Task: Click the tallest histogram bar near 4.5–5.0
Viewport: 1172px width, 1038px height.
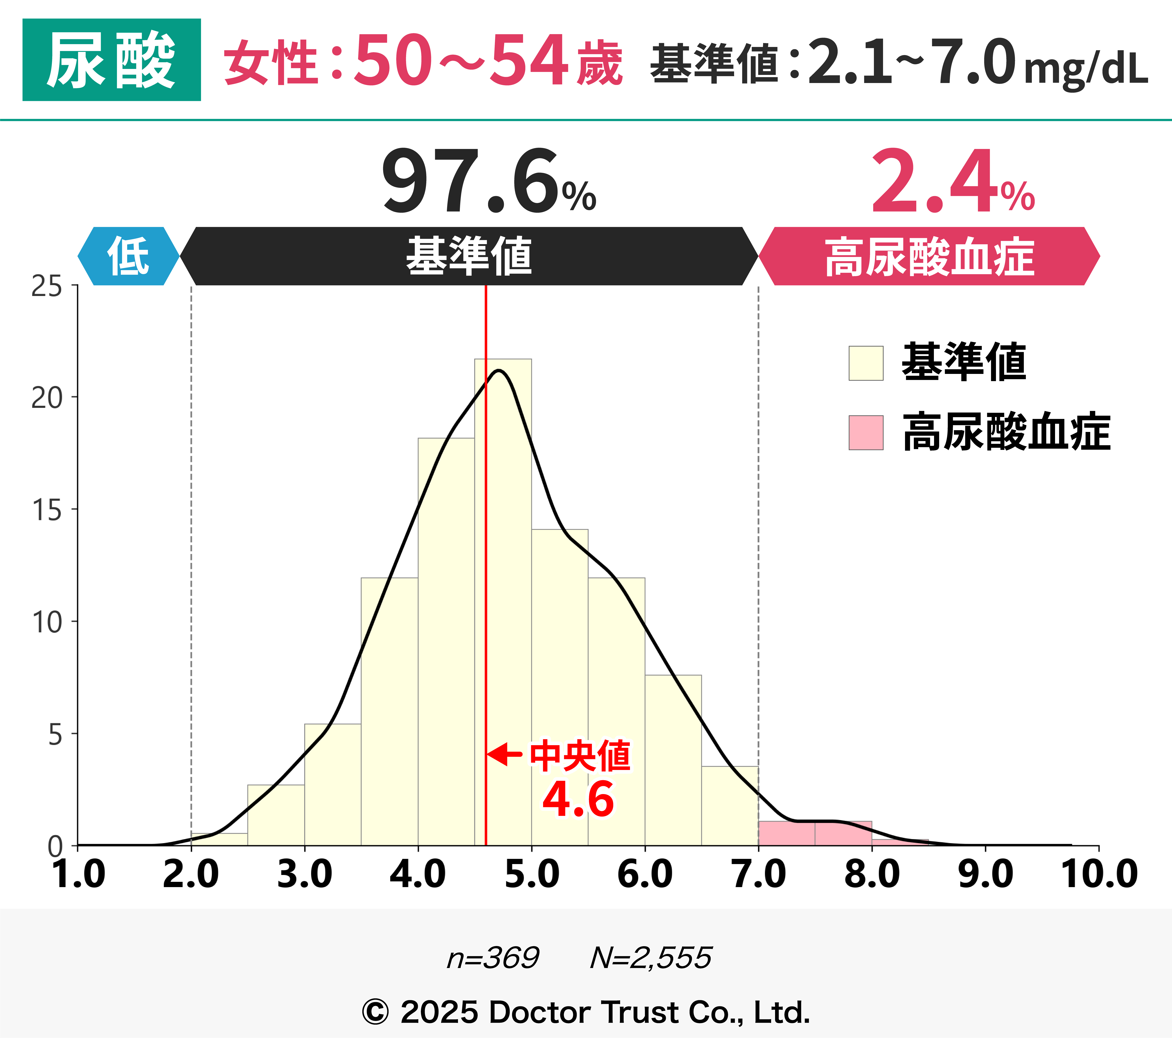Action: click(x=503, y=602)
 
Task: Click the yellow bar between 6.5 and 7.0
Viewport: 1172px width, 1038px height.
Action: click(x=729, y=806)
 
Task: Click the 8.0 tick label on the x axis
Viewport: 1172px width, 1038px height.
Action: click(x=872, y=875)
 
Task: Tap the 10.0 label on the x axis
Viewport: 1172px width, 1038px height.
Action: click(x=1099, y=875)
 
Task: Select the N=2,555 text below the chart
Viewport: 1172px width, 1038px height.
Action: click(x=651, y=958)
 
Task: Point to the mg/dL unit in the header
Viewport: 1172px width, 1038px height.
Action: click(x=1085, y=69)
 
